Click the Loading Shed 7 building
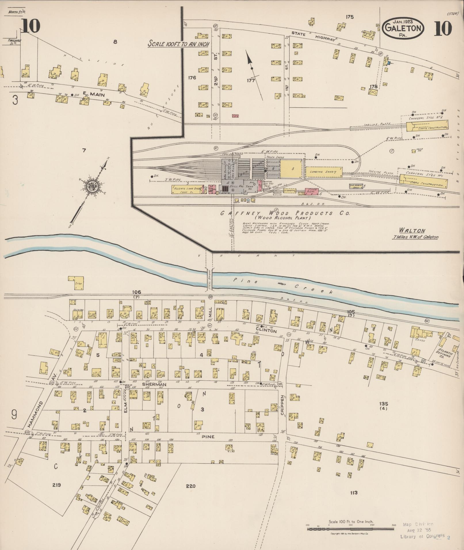[323, 172]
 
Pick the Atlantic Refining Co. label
[444, 353]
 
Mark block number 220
[191, 486]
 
